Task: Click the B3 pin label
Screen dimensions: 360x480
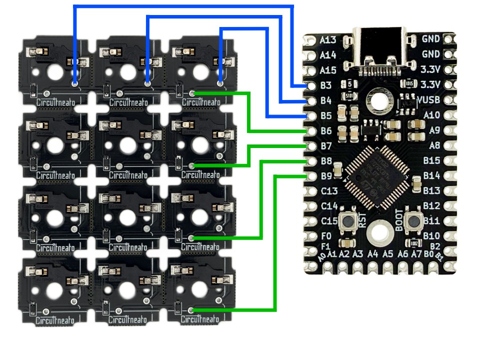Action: tap(325, 85)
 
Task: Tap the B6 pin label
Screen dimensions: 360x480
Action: tap(325, 131)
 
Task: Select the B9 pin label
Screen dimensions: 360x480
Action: tap(325, 176)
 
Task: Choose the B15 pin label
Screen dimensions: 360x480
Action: tap(431, 160)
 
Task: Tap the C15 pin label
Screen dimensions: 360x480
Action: tap(329, 220)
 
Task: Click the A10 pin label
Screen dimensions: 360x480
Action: tap(431, 115)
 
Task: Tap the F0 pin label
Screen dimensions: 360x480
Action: tap(325, 235)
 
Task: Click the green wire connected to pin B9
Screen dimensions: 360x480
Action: tap(274, 240)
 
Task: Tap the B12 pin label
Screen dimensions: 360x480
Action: tap(431, 205)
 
